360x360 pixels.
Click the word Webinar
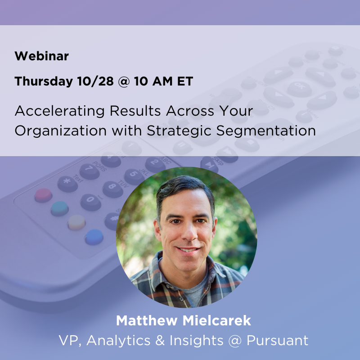click(41, 56)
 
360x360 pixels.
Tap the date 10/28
click(95, 81)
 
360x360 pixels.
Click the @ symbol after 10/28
click(124, 82)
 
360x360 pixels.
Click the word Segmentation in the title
click(266, 131)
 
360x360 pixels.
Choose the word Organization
click(61, 131)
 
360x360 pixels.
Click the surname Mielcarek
click(217, 320)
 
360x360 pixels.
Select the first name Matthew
click(147, 320)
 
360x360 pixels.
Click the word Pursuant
click(277, 340)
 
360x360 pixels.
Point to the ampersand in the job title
click(160, 340)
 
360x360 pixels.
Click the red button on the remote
click(43, 195)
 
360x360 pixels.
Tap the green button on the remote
click(60, 209)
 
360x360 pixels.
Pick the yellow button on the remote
click(76, 222)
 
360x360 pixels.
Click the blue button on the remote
click(94, 237)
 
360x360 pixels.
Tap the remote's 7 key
click(89, 171)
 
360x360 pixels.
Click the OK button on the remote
click(299, 89)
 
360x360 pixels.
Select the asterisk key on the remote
click(67, 184)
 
